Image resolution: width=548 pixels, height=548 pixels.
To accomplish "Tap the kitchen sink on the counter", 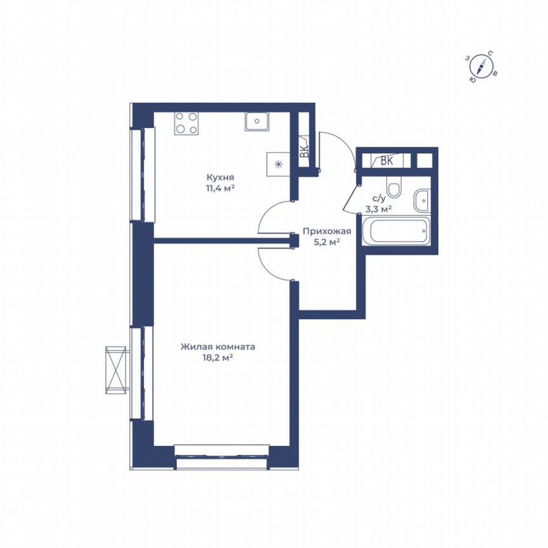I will click(x=258, y=121).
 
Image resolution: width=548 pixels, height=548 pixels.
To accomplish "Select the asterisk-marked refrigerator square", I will click(x=278, y=164).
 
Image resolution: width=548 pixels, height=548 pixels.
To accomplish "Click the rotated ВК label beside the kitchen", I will click(x=304, y=152).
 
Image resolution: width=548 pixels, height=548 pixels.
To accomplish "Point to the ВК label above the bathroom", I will click(x=387, y=161).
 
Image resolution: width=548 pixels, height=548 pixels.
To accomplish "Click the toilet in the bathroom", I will click(x=395, y=189).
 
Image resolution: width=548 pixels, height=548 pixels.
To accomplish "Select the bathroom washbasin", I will click(x=421, y=202).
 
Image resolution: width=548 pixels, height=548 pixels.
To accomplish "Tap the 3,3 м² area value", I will click(x=378, y=207).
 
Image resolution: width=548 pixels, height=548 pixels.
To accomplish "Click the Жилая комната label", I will click(x=218, y=348).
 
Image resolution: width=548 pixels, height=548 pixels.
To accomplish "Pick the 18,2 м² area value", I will click(x=218, y=358).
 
